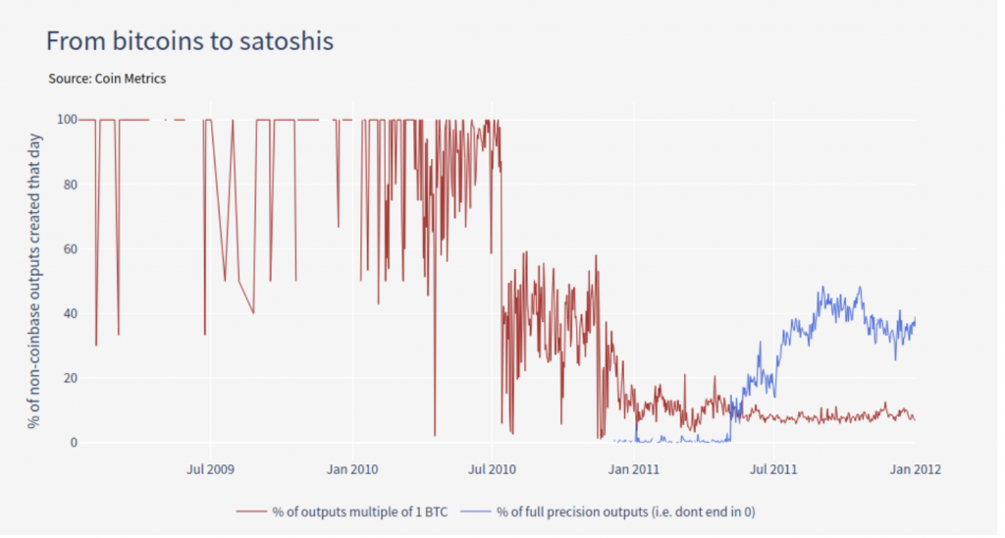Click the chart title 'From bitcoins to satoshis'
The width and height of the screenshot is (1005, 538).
click(x=189, y=41)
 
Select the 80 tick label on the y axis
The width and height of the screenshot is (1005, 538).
click(x=68, y=185)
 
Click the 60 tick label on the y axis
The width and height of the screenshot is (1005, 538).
click(x=68, y=249)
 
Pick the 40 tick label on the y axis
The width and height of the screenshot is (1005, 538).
click(x=68, y=314)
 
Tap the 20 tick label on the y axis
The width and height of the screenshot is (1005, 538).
click(x=68, y=378)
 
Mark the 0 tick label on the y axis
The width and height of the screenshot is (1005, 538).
click(x=72, y=443)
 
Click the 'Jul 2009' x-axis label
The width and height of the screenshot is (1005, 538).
click(x=209, y=469)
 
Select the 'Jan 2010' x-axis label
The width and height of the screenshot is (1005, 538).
click(x=350, y=469)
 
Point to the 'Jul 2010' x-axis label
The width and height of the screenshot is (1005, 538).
click(x=491, y=469)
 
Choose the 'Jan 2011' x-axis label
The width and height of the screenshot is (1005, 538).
click(x=632, y=469)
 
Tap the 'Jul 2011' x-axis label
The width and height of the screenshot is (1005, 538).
click(x=772, y=469)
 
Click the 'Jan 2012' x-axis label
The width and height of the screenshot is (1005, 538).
click(x=914, y=469)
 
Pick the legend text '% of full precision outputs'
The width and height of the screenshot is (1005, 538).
click(x=626, y=511)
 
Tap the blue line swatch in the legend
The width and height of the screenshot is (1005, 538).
click(x=475, y=511)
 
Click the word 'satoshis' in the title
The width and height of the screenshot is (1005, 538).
click(x=288, y=41)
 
